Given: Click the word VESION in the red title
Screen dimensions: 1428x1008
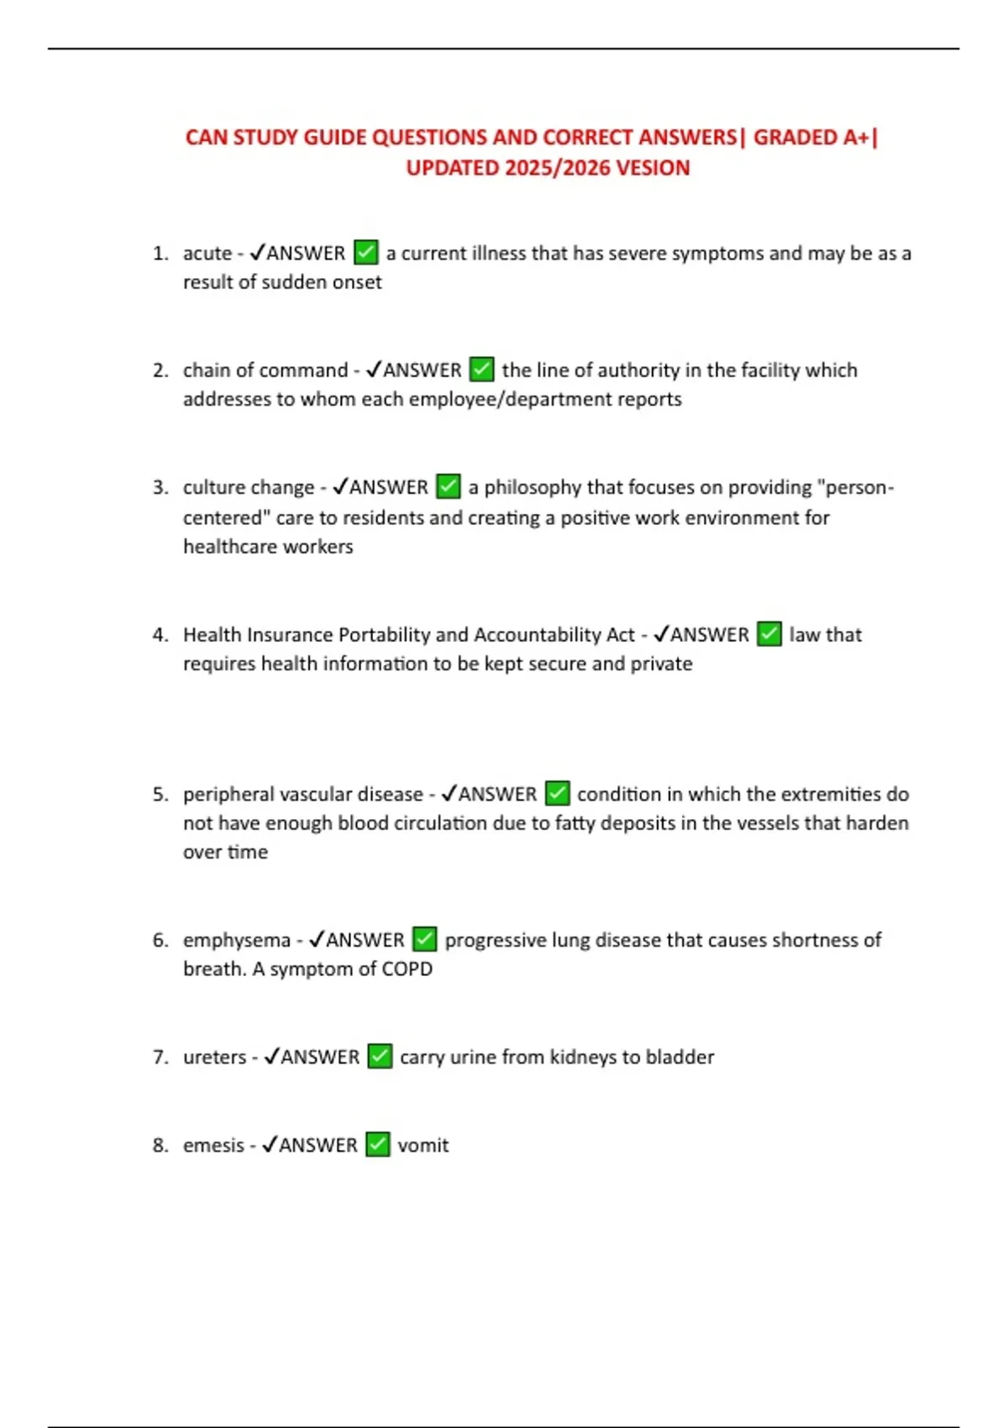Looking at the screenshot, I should coord(653,168).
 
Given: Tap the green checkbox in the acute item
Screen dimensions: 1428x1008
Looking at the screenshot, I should coord(365,252).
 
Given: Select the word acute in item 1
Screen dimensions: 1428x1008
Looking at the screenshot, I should coord(207,253).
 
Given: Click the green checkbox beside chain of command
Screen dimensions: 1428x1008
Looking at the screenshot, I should coord(481,370).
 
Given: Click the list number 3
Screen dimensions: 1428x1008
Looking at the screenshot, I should coord(160,487).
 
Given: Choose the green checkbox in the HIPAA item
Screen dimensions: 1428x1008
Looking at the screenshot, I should coord(769,634).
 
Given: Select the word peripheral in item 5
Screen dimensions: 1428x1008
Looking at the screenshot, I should coord(228,794).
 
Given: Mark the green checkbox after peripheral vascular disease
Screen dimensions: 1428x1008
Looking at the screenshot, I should coord(557,794).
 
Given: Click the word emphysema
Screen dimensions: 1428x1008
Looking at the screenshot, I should coord(237,940).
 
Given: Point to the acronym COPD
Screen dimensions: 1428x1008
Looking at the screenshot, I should coord(407,969).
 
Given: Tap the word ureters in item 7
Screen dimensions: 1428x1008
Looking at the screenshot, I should coord(215,1057).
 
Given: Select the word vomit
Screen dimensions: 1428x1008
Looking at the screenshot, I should coord(423,1145).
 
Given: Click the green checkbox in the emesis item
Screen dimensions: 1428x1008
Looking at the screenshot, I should coord(377,1145).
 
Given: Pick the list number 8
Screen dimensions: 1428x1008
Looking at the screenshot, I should coord(160,1145).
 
